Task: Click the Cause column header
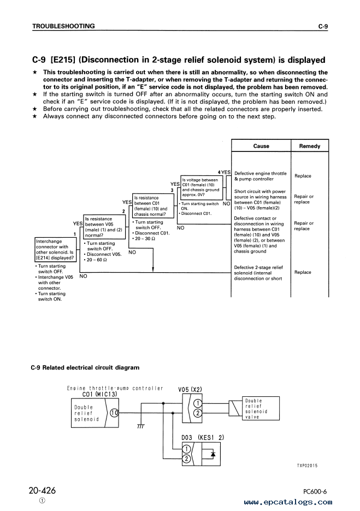(x=261, y=146)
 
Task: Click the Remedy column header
(x=310, y=146)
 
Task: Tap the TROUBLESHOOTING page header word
(x=63, y=26)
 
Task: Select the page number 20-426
(x=43, y=490)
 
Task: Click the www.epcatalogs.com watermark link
(x=288, y=502)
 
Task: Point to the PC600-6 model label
(x=315, y=492)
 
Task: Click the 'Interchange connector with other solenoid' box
(x=55, y=250)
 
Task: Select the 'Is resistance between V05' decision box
(x=104, y=227)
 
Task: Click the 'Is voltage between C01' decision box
(x=202, y=187)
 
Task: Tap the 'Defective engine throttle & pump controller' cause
(x=261, y=176)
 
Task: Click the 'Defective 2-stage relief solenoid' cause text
(x=258, y=273)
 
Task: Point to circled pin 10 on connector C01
(x=114, y=413)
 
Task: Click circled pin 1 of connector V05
(x=198, y=404)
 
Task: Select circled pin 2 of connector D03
(x=187, y=459)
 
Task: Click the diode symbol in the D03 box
(x=213, y=454)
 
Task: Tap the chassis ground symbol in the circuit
(x=141, y=426)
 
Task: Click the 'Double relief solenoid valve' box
(x=261, y=408)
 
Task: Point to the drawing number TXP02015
(x=307, y=466)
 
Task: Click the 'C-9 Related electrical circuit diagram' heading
(x=85, y=368)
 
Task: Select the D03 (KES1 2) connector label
(x=203, y=438)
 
